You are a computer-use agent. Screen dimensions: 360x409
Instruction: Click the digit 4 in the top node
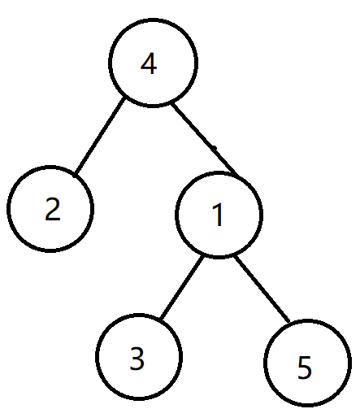(149, 63)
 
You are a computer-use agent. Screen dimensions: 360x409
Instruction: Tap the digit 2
(53, 209)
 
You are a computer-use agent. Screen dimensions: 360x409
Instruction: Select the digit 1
(218, 215)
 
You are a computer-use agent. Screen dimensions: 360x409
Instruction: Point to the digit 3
(137, 359)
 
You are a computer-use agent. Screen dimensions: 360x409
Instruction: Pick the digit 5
(305, 367)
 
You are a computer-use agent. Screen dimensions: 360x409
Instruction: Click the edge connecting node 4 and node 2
(100, 136)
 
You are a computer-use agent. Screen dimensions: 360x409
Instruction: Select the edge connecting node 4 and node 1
(205, 139)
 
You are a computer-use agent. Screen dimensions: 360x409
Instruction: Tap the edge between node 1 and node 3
(182, 287)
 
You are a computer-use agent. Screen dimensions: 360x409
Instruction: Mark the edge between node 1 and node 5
(262, 289)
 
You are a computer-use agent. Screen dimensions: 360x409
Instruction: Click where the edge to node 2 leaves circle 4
(124, 98)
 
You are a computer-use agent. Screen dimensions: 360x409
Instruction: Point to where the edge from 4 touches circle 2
(76, 173)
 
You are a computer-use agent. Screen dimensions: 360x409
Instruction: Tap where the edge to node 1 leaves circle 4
(172, 103)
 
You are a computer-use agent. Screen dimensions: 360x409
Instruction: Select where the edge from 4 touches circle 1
(237, 175)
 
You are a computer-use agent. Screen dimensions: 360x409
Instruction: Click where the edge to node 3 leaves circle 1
(203, 256)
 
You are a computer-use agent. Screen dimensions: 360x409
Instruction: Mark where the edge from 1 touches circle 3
(161, 319)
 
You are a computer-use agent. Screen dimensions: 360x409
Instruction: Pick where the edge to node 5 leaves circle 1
(235, 256)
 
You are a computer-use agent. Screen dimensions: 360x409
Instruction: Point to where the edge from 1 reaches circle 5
(288, 322)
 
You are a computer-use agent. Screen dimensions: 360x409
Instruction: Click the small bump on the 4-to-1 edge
(215, 147)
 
